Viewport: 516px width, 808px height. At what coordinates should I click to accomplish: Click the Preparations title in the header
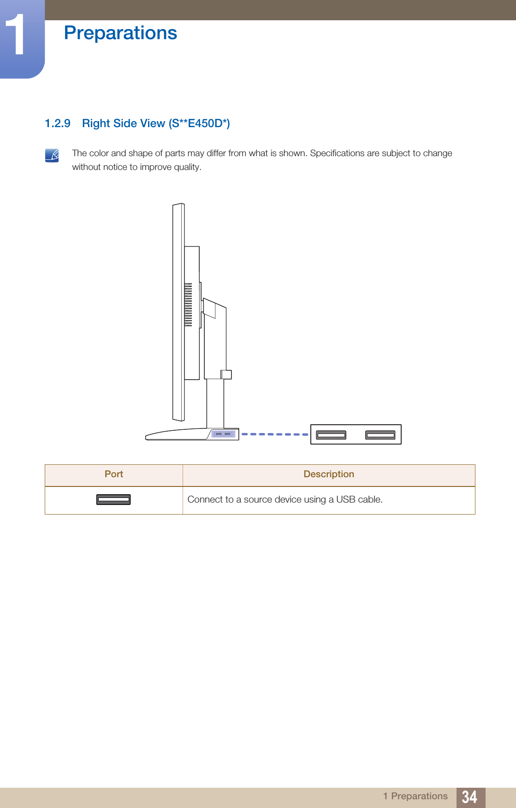[x=120, y=33]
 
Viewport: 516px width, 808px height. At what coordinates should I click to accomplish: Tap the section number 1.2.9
[x=58, y=123]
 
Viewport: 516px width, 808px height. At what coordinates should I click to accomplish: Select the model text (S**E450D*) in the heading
[x=199, y=123]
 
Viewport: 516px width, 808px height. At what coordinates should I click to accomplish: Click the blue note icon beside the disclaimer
[x=52, y=155]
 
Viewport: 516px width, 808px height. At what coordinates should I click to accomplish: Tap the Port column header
[x=113, y=474]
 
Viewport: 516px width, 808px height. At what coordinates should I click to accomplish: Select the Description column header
[x=328, y=474]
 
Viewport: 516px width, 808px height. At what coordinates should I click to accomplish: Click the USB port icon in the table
[x=113, y=499]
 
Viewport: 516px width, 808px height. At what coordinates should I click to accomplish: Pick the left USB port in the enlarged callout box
[x=331, y=435]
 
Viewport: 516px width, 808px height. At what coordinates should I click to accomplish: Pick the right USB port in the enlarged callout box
[x=380, y=435]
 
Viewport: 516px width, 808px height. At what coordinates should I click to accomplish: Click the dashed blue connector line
[x=275, y=434]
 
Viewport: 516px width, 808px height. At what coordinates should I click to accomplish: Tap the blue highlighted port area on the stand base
[x=223, y=434]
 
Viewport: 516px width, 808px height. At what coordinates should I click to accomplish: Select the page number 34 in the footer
[x=469, y=797]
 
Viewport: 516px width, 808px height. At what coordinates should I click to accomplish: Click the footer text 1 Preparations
[x=415, y=796]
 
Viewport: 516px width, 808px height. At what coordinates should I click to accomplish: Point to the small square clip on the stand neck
[x=226, y=374]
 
